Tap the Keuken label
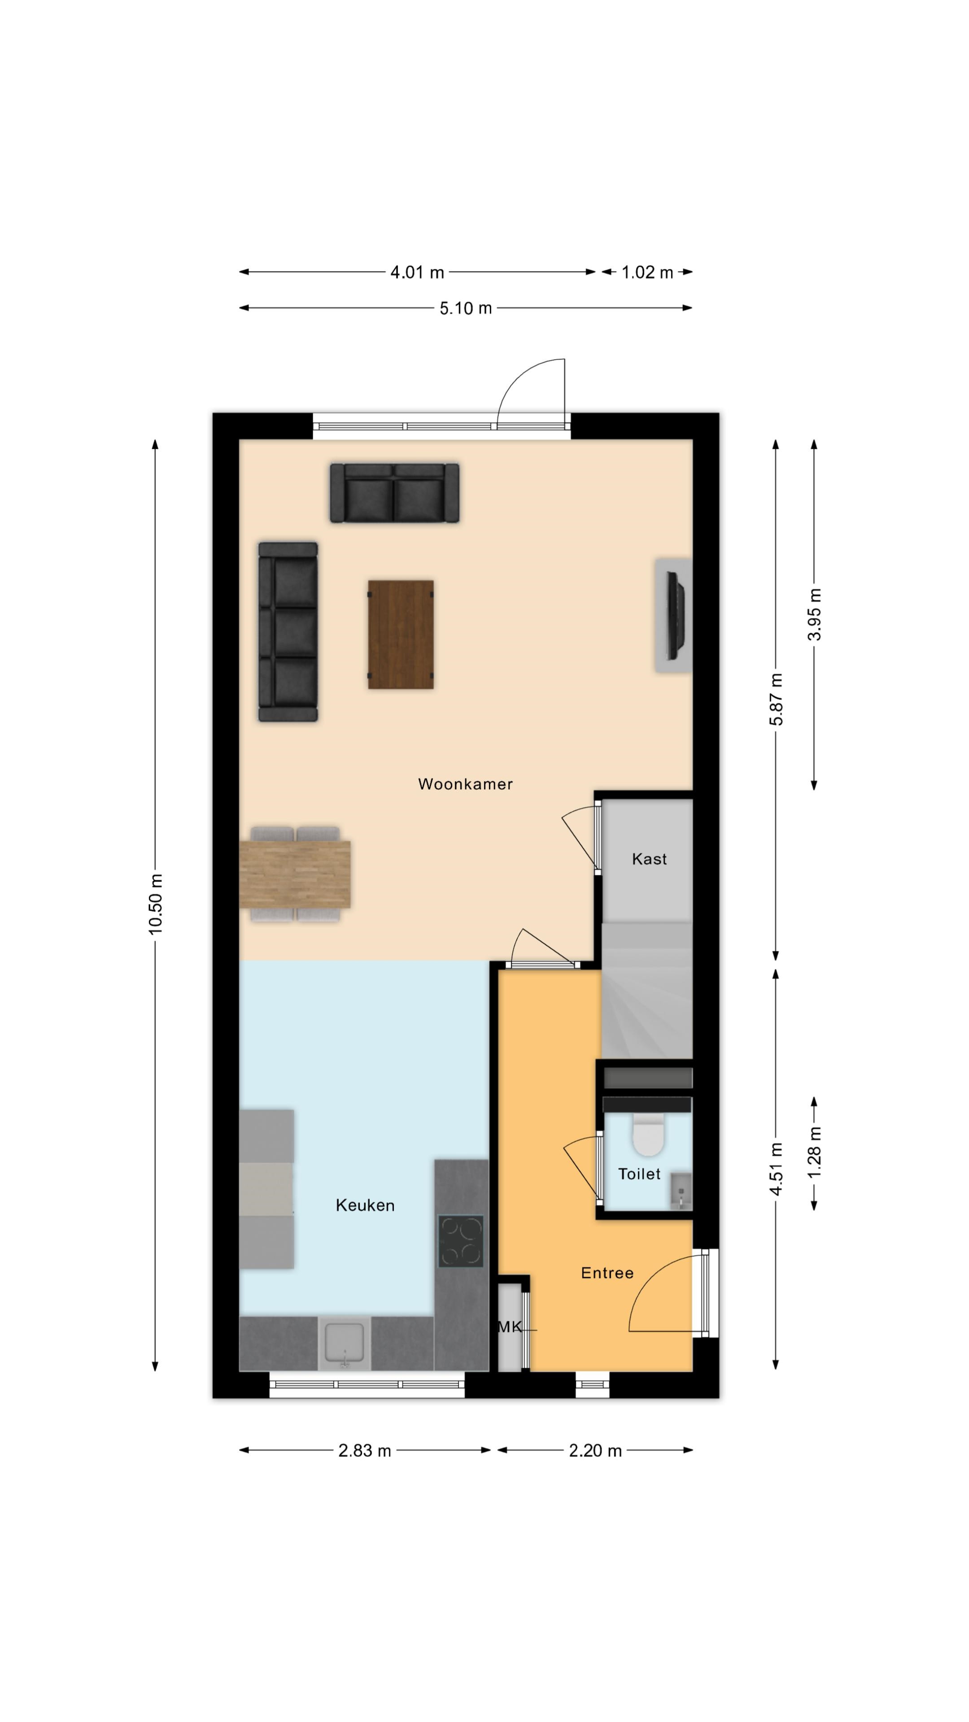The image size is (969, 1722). coord(365,1205)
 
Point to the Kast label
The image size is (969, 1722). coord(649,859)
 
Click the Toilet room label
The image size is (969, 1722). coord(639,1174)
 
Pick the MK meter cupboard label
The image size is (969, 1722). coord(510,1327)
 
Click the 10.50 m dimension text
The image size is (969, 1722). coord(156,904)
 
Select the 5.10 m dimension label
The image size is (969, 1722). coord(466,308)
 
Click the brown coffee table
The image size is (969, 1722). coord(401,635)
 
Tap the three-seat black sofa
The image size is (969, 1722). coord(288,632)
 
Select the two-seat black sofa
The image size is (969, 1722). coord(395,493)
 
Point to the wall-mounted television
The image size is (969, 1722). coord(677,615)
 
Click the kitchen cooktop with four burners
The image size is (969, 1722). coord(461,1241)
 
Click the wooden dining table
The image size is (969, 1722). coord(295,874)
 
